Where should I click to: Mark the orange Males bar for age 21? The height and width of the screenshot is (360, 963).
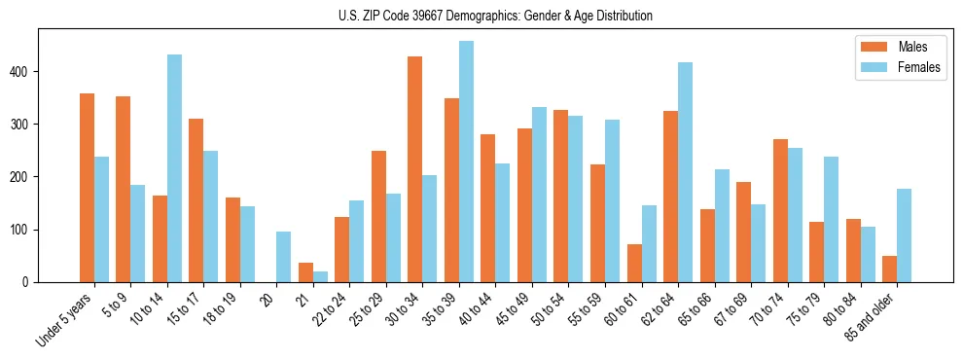[x=305, y=272]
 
